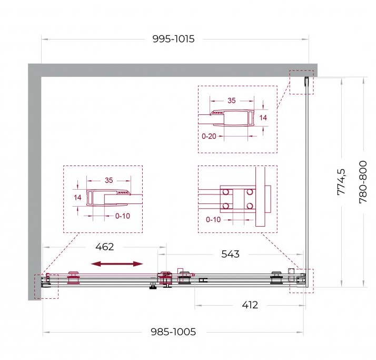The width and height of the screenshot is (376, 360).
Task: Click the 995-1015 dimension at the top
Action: [x=173, y=39]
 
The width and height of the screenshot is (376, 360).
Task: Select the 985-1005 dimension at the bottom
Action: [x=173, y=332]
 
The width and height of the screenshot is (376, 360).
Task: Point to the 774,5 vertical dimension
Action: [x=341, y=182]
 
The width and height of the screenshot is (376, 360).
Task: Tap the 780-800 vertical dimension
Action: [x=363, y=182]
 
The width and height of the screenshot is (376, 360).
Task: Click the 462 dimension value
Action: [x=105, y=247]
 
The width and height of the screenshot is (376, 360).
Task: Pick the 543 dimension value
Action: [x=230, y=254]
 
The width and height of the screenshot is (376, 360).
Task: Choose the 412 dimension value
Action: [x=250, y=305]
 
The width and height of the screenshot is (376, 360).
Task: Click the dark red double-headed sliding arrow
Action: [x=117, y=264]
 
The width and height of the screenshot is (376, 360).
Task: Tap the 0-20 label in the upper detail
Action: [x=209, y=137]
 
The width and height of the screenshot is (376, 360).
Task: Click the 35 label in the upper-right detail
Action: [x=231, y=101]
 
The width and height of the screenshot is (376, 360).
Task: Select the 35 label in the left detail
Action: [x=108, y=180]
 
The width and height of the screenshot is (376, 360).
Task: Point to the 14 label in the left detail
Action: [x=77, y=198]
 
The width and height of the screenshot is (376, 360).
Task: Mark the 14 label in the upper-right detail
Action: [x=263, y=118]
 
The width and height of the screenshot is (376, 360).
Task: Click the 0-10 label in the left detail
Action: [x=123, y=216]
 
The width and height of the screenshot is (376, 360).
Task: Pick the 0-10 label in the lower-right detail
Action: [x=213, y=220]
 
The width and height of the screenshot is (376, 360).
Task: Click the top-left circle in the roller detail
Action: [x=226, y=192]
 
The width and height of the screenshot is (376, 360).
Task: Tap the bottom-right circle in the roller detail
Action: [x=250, y=206]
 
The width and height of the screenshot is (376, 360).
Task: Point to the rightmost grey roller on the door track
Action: [x=276, y=278]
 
